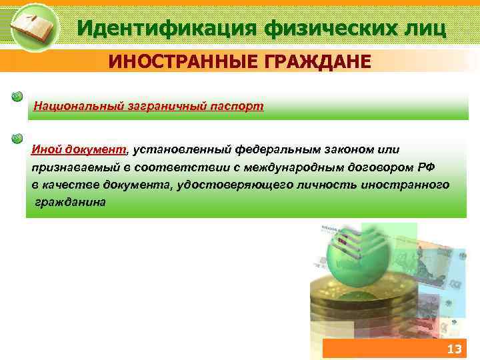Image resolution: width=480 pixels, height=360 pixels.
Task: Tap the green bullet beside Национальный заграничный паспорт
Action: click(17, 97)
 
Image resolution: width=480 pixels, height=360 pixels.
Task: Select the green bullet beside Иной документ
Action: click(17, 139)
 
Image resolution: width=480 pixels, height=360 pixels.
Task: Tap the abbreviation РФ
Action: click(427, 167)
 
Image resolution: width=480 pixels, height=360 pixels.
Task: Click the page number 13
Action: click(454, 349)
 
